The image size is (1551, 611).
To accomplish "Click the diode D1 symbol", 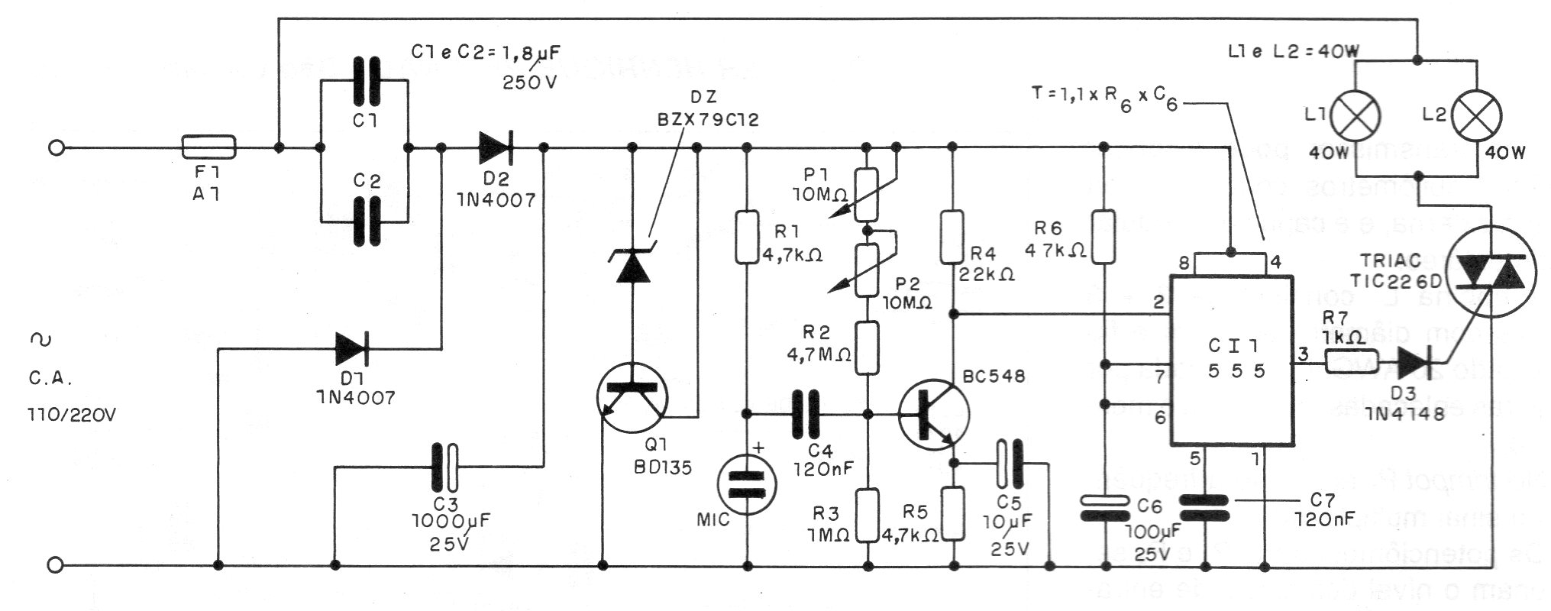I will pos(352,349).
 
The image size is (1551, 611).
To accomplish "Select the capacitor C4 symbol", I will pos(804,414).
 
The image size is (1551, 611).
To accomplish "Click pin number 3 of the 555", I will pos(1304,354).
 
